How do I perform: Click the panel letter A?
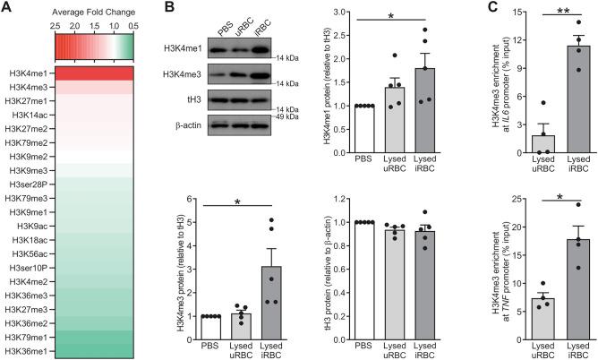click(7, 8)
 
